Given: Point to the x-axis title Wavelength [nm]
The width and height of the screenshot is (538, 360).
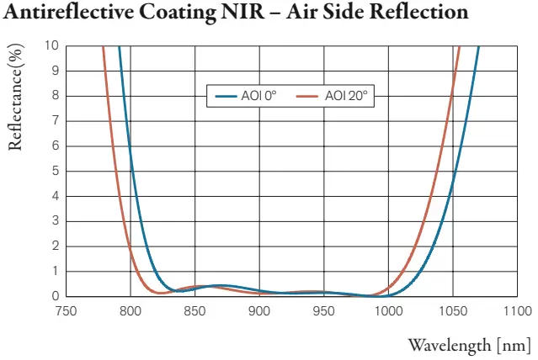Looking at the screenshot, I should click(469, 345).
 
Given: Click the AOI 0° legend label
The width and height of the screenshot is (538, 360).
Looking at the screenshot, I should click(258, 96).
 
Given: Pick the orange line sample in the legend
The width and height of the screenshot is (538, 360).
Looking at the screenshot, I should click(311, 96).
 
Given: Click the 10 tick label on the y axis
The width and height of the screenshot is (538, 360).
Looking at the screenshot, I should click(52, 45).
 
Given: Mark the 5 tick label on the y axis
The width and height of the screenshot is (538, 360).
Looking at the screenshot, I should click(56, 171).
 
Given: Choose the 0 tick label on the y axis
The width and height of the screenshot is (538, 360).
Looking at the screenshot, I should click(56, 296).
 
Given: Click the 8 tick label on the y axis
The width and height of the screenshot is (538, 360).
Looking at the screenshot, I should click(56, 96).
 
